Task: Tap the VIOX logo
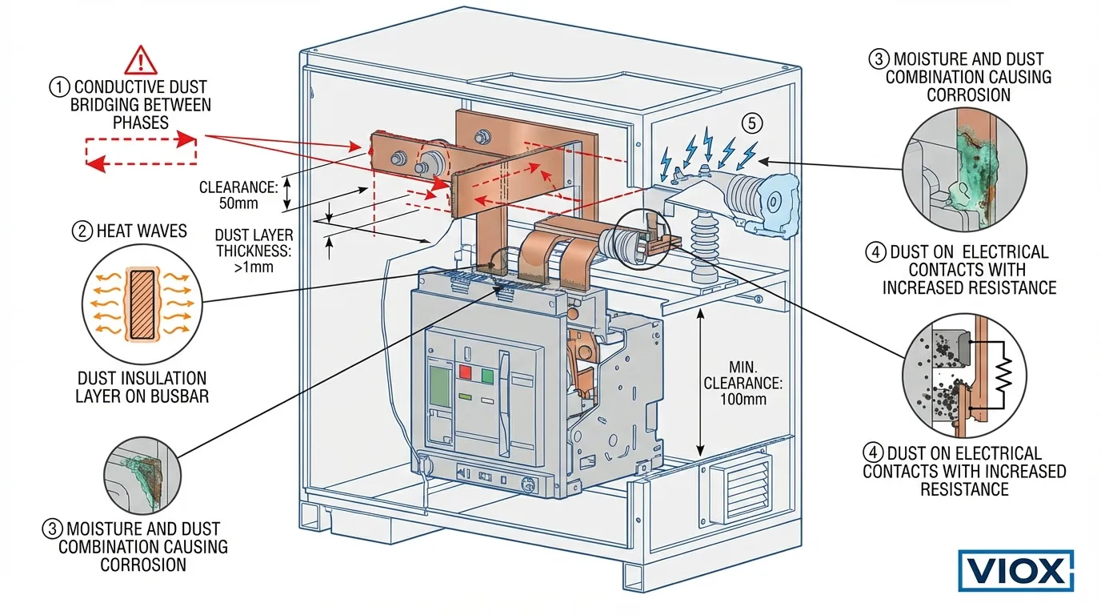coord(1015,571)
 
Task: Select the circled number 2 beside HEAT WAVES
coord(82,231)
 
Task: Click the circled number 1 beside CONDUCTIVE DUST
coord(59,86)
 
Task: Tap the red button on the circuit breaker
coord(465,373)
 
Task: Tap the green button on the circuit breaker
coord(486,374)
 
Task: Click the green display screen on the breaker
coord(439,384)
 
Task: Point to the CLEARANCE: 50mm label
coord(238,195)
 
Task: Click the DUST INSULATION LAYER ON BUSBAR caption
coord(142,387)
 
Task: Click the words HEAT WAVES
coord(141,231)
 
